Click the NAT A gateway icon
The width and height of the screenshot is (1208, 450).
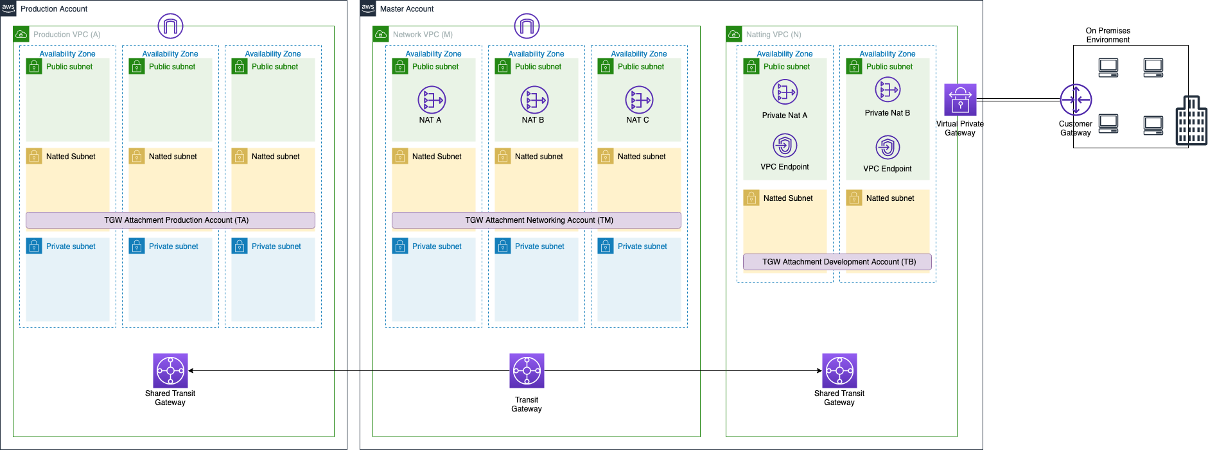pos(432,100)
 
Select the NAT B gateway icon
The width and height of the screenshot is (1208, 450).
pos(534,100)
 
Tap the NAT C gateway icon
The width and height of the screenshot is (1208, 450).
pos(639,100)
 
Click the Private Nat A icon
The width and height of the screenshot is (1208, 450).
pos(785,92)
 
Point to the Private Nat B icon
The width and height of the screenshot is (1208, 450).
pos(888,90)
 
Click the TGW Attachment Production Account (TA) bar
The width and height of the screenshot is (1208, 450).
pos(170,220)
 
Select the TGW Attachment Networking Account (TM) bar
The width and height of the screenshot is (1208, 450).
pos(536,220)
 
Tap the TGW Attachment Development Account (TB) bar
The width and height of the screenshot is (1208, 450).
pos(837,262)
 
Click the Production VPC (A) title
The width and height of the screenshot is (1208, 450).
pos(67,35)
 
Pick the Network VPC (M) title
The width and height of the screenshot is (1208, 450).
pos(423,35)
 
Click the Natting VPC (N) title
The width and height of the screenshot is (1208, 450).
pos(773,35)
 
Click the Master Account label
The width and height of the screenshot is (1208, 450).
pos(407,9)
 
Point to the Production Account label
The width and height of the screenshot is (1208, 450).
pos(54,9)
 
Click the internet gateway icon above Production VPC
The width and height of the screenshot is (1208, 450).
pos(170,26)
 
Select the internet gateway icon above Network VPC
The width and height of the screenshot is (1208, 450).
pos(527,26)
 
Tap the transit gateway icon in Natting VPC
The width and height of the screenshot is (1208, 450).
pos(839,370)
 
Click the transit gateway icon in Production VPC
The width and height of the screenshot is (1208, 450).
pos(170,370)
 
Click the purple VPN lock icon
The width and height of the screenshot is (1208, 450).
pos(960,100)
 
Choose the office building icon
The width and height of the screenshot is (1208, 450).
pos(1191,121)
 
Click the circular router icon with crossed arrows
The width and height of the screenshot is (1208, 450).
pos(1076,100)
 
